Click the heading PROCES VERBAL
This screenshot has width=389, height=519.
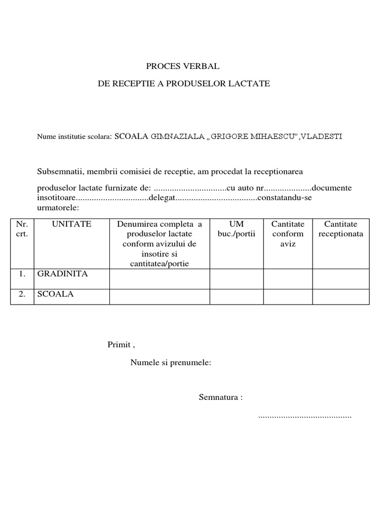(x=183, y=66)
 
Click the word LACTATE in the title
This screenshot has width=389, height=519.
(x=251, y=84)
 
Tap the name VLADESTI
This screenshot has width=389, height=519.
(x=321, y=137)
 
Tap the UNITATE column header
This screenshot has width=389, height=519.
(x=71, y=224)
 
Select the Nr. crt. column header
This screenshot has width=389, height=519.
(x=22, y=229)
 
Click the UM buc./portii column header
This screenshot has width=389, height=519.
(x=237, y=229)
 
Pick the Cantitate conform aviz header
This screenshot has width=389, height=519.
(x=288, y=234)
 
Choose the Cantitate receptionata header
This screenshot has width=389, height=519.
(x=341, y=229)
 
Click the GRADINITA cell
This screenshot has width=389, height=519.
(x=62, y=274)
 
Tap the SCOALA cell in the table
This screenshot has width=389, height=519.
(x=55, y=294)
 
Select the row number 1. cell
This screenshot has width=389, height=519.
(x=22, y=274)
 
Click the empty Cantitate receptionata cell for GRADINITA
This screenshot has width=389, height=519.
(x=341, y=279)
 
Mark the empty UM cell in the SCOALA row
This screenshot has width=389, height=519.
(x=237, y=296)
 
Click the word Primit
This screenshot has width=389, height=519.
(x=120, y=345)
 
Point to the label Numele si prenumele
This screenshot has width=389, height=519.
(x=171, y=363)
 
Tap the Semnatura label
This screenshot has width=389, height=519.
(x=220, y=397)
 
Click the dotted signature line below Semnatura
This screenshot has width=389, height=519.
(x=305, y=416)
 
